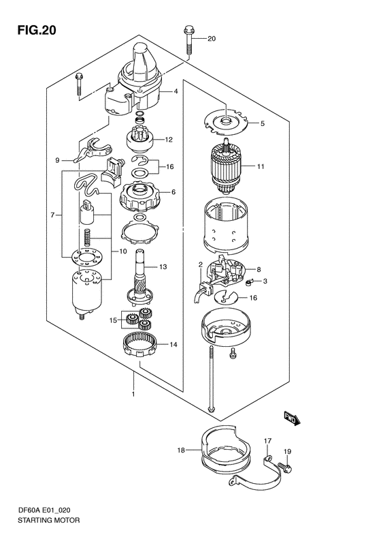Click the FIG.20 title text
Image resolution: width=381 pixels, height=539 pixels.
point(37,31)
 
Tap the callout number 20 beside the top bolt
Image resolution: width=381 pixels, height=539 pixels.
point(212,38)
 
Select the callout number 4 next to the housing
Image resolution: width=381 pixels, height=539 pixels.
point(176,91)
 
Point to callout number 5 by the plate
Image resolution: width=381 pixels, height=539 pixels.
point(262,123)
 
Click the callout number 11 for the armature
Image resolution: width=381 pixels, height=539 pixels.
point(261,167)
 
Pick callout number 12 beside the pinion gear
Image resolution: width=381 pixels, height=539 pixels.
point(169,140)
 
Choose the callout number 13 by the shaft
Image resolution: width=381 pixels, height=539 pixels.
point(163,266)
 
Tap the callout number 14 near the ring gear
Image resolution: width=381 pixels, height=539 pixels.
point(173,344)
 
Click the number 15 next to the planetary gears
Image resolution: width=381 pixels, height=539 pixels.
point(113,320)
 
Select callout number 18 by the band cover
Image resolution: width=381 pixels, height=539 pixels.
point(181,450)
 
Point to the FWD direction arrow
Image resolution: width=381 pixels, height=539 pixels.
point(292,418)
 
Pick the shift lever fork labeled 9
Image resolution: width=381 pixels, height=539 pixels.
point(93,149)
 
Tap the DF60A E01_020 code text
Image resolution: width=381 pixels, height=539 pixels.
point(44,510)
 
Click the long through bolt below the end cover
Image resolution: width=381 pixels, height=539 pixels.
point(212,379)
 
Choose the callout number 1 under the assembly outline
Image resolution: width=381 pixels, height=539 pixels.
point(133,394)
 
